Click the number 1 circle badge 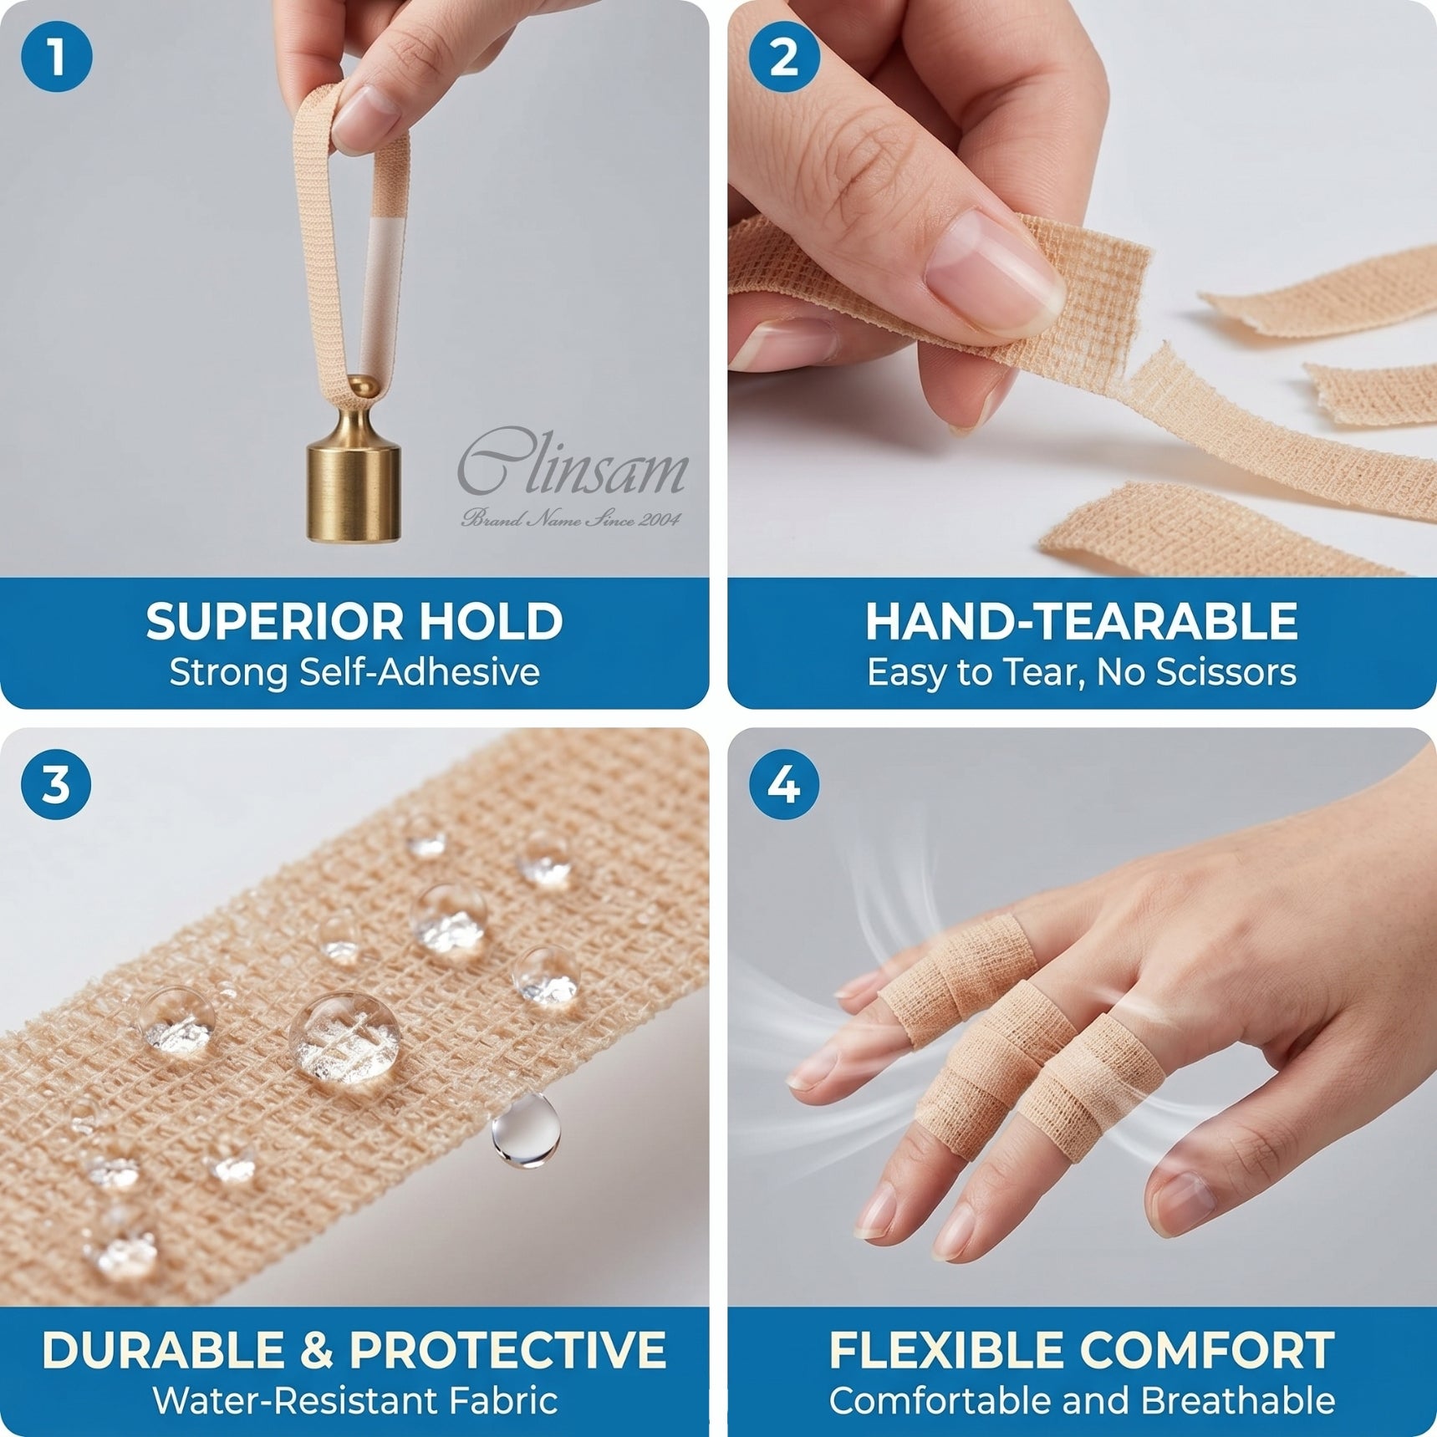56,57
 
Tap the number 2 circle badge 783,57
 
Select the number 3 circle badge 56,784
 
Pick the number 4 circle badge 783,784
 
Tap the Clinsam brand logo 573,464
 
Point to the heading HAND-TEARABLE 1081,621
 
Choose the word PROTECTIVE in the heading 507,1350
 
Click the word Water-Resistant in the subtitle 296,1401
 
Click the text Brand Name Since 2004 571,519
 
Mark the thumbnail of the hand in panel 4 1187,1201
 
